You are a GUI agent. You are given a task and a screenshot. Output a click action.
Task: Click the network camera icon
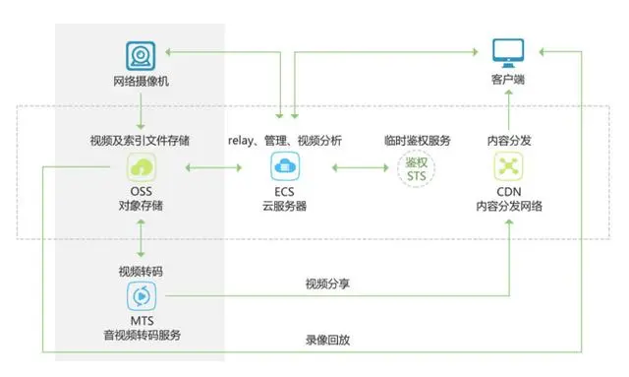(140, 54)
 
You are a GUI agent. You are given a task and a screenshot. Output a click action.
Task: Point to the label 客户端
(507, 78)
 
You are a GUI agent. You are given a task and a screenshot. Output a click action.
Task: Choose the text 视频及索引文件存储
(141, 141)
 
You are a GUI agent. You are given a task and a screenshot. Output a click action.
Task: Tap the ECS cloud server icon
(284, 166)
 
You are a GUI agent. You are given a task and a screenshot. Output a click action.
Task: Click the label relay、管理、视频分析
(285, 141)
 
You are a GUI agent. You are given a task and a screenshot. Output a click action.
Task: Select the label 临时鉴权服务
(418, 141)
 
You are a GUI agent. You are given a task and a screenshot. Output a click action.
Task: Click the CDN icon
(508, 166)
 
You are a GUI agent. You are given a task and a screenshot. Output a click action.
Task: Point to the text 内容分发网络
(508, 206)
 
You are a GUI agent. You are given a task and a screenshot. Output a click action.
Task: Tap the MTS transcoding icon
(141, 294)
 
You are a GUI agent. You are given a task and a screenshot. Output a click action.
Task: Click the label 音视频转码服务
(141, 335)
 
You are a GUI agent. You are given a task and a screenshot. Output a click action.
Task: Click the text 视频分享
(328, 283)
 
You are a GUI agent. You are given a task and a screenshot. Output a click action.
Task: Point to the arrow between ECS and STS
(354, 169)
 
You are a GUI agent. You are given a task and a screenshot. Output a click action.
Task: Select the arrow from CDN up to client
(508, 109)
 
